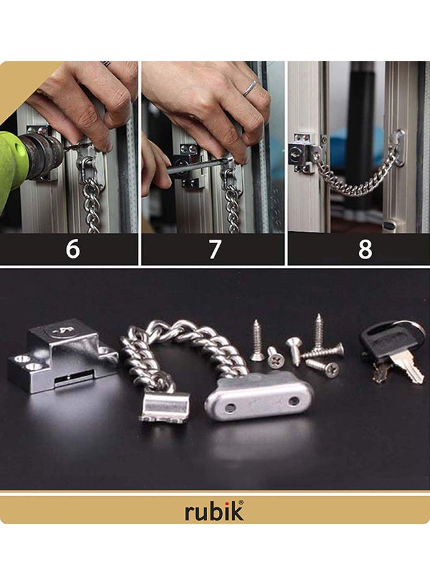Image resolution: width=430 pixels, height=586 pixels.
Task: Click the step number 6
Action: click(73, 249)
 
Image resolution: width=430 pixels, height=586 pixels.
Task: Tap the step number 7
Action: click(214, 249)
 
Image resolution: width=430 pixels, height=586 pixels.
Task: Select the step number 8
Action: click(365, 249)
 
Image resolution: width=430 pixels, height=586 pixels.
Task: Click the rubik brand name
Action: click(214, 511)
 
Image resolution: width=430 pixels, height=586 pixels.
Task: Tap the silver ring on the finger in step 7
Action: click(250, 88)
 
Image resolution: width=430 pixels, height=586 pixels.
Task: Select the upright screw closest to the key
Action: click(319, 332)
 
